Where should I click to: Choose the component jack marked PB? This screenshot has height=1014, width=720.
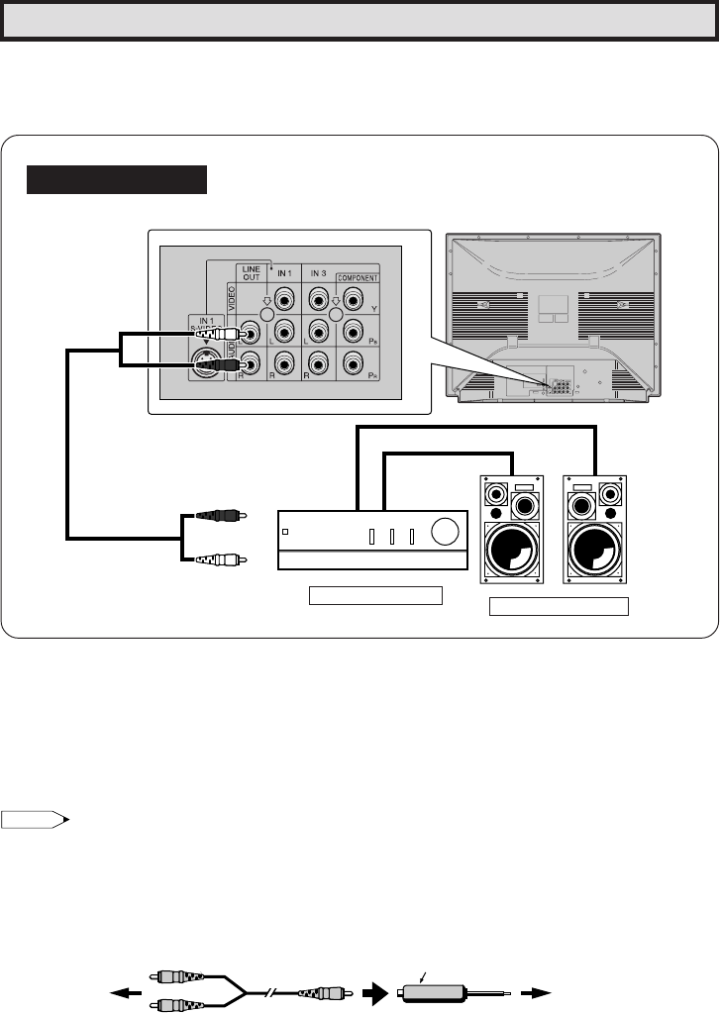[352, 331]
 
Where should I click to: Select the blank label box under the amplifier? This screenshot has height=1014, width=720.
[373, 596]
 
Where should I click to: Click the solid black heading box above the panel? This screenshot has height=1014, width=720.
[117, 180]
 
